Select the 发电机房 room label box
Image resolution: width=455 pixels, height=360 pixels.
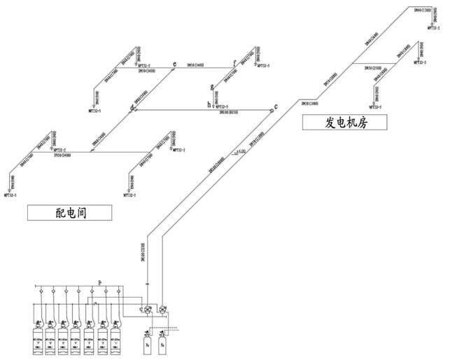(x=346, y=123)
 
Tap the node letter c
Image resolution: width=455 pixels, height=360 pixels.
(x=276, y=106)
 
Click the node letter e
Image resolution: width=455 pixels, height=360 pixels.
(x=174, y=64)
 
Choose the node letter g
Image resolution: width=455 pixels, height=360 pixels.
(x=211, y=88)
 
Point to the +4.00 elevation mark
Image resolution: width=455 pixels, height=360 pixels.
(x=241, y=150)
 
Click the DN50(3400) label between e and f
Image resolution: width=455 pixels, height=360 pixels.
(x=195, y=65)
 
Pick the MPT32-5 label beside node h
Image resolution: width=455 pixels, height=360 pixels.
(x=223, y=106)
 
